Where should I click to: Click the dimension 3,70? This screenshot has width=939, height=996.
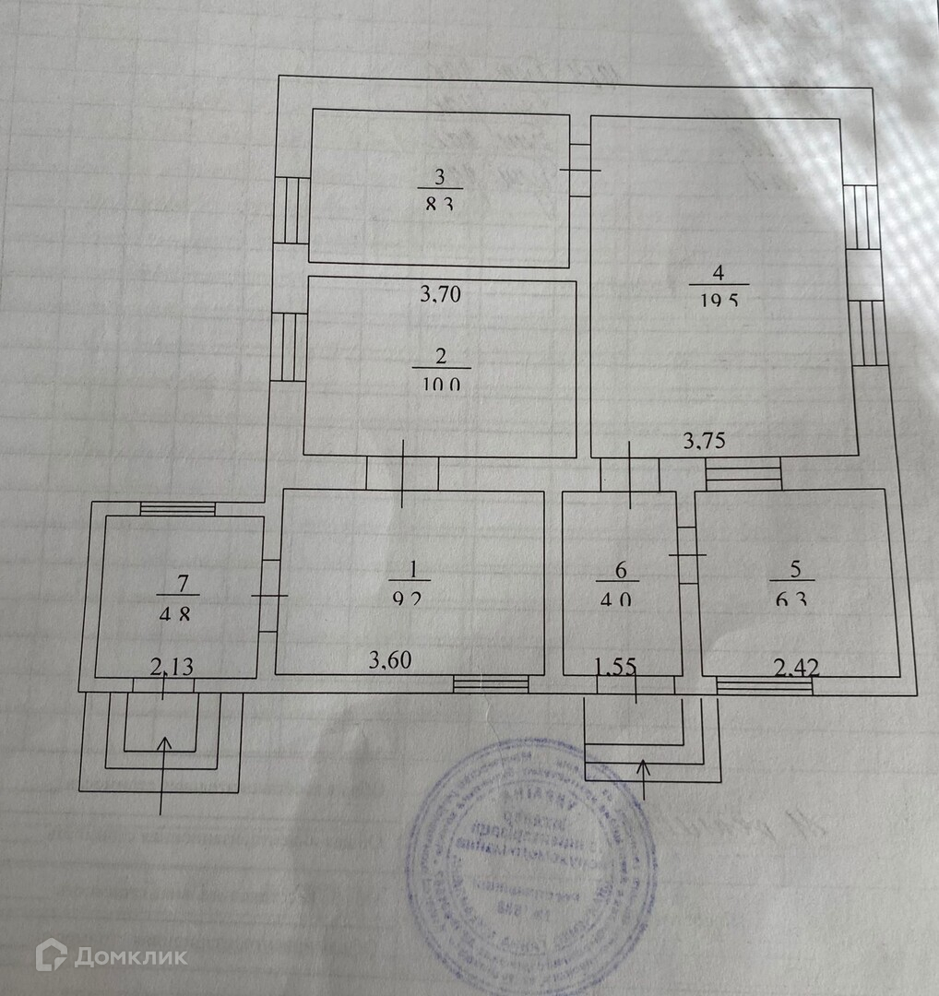coord(440,295)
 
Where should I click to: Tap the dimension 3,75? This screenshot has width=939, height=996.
coord(704,441)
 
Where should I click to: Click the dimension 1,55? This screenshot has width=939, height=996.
coord(617,664)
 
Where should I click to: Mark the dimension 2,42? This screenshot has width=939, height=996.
coord(795,666)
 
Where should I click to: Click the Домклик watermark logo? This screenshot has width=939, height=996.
coord(111,955)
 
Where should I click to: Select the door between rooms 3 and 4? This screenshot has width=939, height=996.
coord(580,171)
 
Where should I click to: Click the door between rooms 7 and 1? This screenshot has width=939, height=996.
coord(268,596)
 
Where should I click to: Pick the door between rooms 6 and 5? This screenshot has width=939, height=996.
coord(686,555)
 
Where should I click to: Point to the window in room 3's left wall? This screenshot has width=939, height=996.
coord(291,209)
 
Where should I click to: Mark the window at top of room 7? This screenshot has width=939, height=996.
coord(177,508)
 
